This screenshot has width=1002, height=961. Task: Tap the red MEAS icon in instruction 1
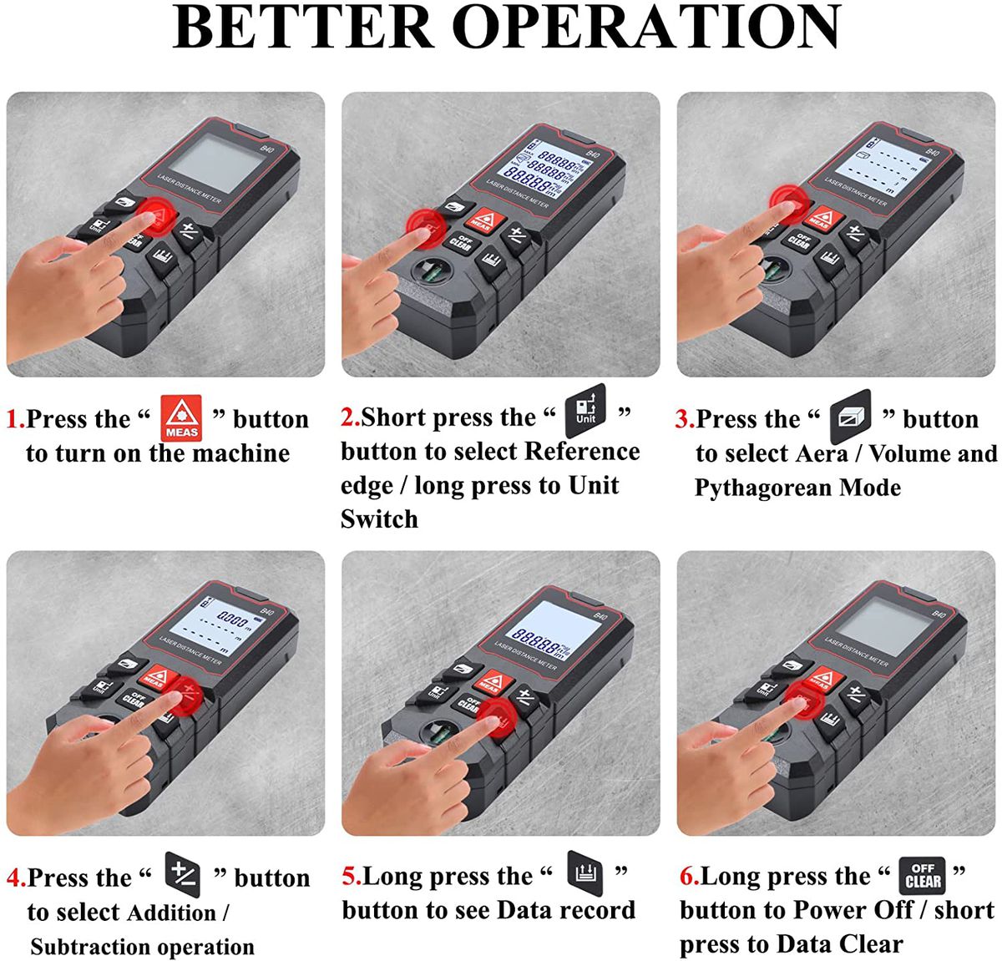181,418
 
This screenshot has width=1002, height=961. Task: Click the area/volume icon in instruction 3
850,417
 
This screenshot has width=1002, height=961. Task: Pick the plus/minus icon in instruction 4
183,875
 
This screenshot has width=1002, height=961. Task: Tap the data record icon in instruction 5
584,873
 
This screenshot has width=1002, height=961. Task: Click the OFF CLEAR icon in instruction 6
922,876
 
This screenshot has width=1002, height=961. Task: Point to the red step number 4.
15,878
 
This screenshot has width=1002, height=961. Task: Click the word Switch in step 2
379,519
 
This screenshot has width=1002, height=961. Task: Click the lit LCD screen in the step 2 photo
544,167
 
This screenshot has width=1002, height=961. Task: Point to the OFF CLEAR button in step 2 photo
461,241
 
